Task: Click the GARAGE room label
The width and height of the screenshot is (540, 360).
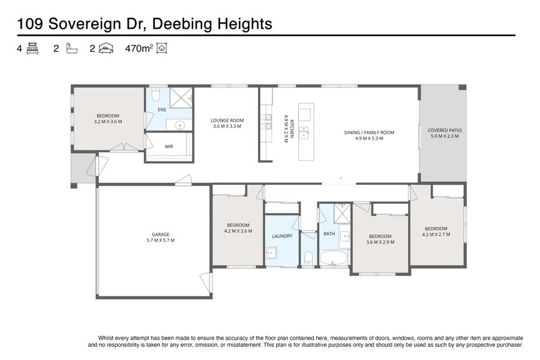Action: coord(160,234)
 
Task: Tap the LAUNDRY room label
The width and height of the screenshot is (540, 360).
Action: coord(282,236)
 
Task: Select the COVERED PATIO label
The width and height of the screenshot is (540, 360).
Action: coord(445,130)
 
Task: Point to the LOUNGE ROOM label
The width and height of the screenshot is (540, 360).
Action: coord(227,120)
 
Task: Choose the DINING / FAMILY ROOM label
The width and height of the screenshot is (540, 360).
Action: coord(369,132)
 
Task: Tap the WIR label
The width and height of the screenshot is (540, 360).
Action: coord(169,146)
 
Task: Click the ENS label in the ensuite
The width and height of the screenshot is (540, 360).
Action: coord(162,110)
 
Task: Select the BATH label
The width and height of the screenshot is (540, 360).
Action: coord(329,233)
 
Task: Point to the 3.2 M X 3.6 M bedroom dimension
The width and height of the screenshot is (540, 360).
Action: coord(108,121)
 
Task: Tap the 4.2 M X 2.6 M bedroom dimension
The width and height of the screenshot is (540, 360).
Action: coord(238,231)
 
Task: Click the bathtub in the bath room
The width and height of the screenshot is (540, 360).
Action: coord(333,259)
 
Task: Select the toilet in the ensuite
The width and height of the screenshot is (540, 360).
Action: coord(155,95)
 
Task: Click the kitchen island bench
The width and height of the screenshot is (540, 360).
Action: coord(306,132)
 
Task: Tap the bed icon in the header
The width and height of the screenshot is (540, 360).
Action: coord(32,49)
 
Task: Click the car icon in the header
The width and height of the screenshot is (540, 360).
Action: coord(106,49)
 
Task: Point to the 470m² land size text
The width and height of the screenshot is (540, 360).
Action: coord(137,49)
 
